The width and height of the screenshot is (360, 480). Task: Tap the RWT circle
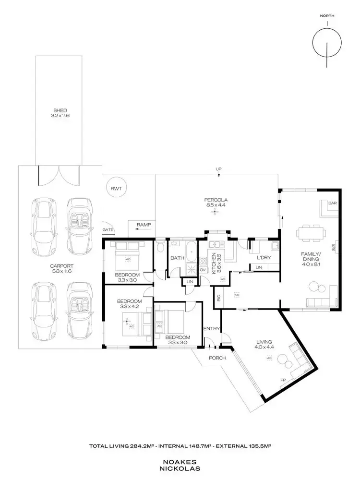click(116, 189)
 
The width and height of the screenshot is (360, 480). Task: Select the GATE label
click(107, 230)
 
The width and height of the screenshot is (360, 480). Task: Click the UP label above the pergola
click(219, 169)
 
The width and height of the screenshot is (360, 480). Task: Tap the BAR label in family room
click(331, 204)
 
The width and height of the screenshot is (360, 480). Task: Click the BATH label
click(177, 258)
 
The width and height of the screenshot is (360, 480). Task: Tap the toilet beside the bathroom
click(161, 247)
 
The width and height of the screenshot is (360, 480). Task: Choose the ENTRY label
click(211, 329)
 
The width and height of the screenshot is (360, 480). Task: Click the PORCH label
click(217, 358)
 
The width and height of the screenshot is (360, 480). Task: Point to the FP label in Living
click(283, 381)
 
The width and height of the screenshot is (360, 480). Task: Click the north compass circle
click(327, 42)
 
